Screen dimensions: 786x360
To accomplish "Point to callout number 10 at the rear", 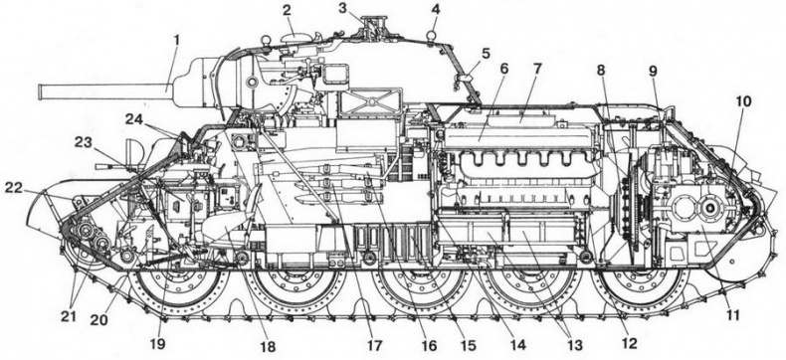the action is pyautogui.click(x=743, y=100).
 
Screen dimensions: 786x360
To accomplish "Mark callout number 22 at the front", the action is pyautogui.click(x=12, y=186).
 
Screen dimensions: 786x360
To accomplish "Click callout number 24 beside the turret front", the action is pyautogui.click(x=132, y=118).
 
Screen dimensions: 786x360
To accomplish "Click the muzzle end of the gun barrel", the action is pyautogui.click(x=41, y=91).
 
